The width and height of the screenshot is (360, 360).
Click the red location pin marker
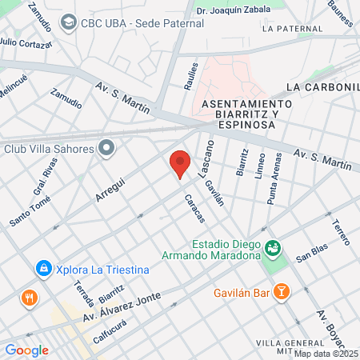coord(180,164)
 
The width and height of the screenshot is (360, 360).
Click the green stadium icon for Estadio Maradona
coord(274,249)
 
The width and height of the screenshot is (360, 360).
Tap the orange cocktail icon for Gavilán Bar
coord(281,292)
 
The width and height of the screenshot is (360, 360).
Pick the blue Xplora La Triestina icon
coord(43,269)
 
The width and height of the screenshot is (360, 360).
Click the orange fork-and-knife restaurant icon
coord(30,299)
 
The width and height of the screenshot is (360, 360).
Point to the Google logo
coord(26,350)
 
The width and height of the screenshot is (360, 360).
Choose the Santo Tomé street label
coord(30,211)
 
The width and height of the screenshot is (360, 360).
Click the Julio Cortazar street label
coord(26,42)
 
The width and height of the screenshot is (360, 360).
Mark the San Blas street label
coord(311,253)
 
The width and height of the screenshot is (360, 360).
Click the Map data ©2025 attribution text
coord(326,354)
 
